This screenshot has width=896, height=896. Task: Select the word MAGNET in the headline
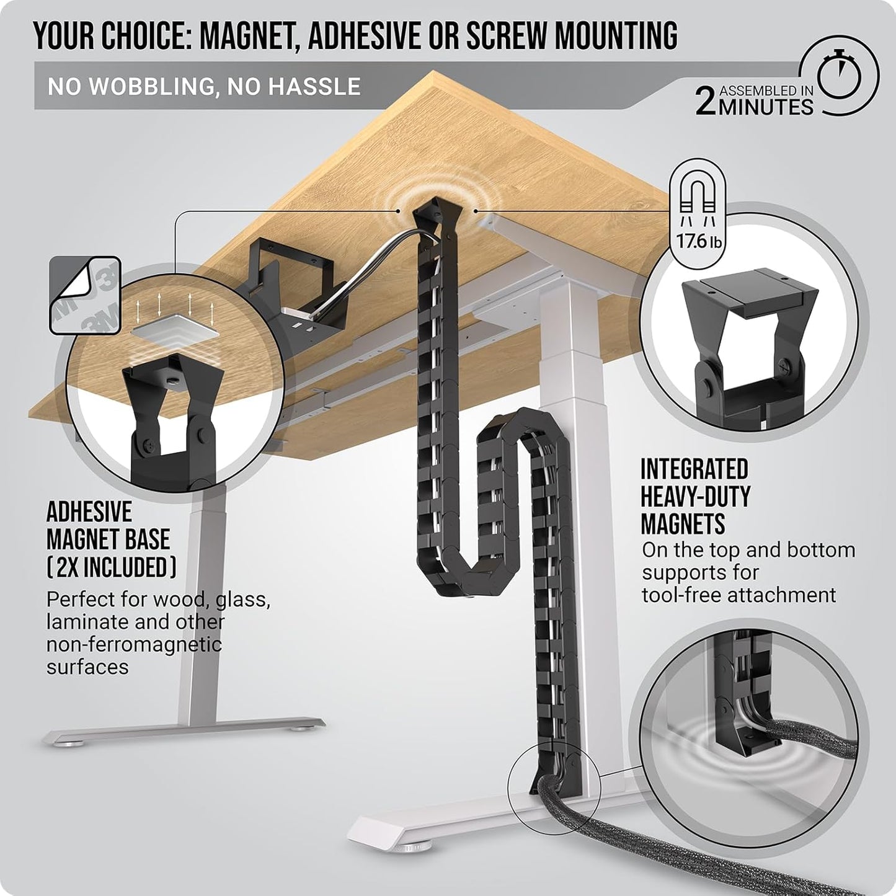coord(251,35)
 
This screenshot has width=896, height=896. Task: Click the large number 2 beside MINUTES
coord(706,102)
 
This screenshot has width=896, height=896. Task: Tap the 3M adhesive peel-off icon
coord(85,295)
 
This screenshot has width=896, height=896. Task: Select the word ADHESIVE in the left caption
coord(89,512)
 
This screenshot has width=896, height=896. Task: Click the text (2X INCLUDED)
coord(112,567)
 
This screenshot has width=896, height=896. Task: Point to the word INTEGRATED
coord(694,469)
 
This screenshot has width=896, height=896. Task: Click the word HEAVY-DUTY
coord(696,497)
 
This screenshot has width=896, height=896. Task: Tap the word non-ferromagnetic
coord(134,644)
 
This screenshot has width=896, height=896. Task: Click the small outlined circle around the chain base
coord(554,787)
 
